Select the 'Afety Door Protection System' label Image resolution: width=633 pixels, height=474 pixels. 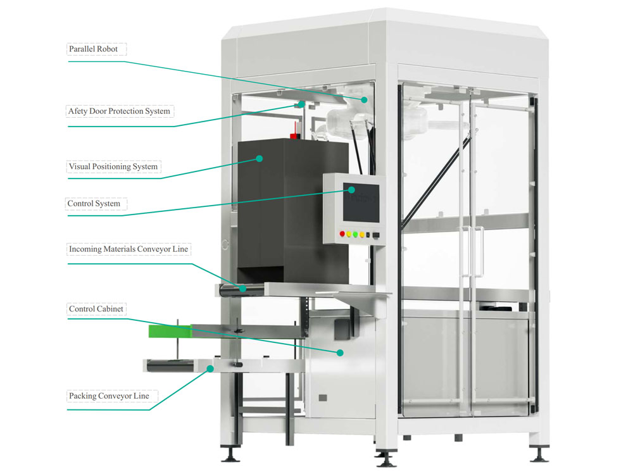(119, 111)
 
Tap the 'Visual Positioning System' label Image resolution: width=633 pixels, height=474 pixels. (113, 167)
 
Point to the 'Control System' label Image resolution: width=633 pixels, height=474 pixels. (94, 204)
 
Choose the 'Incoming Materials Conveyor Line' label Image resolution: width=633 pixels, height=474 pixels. (128, 249)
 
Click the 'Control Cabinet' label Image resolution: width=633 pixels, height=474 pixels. (97, 309)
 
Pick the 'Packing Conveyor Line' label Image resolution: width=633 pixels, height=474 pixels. (109, 396)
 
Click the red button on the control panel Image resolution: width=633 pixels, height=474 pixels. (342, 234)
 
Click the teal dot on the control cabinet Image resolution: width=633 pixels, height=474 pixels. (340, 352)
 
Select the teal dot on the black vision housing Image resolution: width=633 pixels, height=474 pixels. (259, 158)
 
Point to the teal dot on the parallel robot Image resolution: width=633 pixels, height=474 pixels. (365, 99)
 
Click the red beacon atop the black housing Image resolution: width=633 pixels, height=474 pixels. (293, 135)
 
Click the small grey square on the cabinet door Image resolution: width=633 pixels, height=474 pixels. (322, 397)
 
